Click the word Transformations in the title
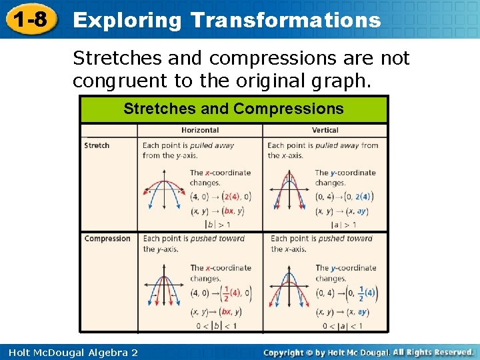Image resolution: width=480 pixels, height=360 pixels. pyautogui.click(x=285, y=20)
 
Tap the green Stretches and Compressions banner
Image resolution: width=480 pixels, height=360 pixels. pyautogui.click(x=233, y=109)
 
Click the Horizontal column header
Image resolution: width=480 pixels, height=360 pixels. pyautogui.click(x=200, y=130)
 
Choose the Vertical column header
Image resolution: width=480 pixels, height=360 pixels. pyautogui.click(x=325, y=130)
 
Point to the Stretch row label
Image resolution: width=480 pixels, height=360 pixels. pyautogui.click(x=97, y=145)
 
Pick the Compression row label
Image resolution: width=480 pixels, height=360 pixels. pyautogui.click(x=107, y=239)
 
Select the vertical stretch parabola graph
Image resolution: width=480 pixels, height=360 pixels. pyautogui.click(x=289, y=191)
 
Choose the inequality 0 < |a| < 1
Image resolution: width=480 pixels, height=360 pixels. pyautogui.click(x=342, y=325)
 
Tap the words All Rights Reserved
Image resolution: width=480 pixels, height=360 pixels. pyautogui.click(x=432, y=351)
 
